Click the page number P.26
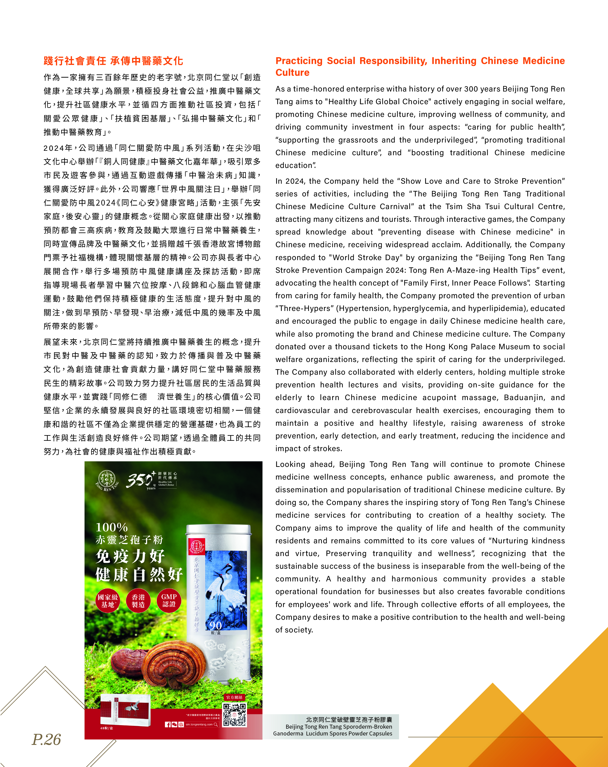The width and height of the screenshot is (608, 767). pos(46,739)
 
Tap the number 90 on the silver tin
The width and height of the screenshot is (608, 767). pos(216,625)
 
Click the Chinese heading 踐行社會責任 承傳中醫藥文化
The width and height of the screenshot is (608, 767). pos(113,61)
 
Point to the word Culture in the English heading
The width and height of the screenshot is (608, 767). pos(292,73)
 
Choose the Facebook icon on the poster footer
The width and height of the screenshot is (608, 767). pos(168,724)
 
